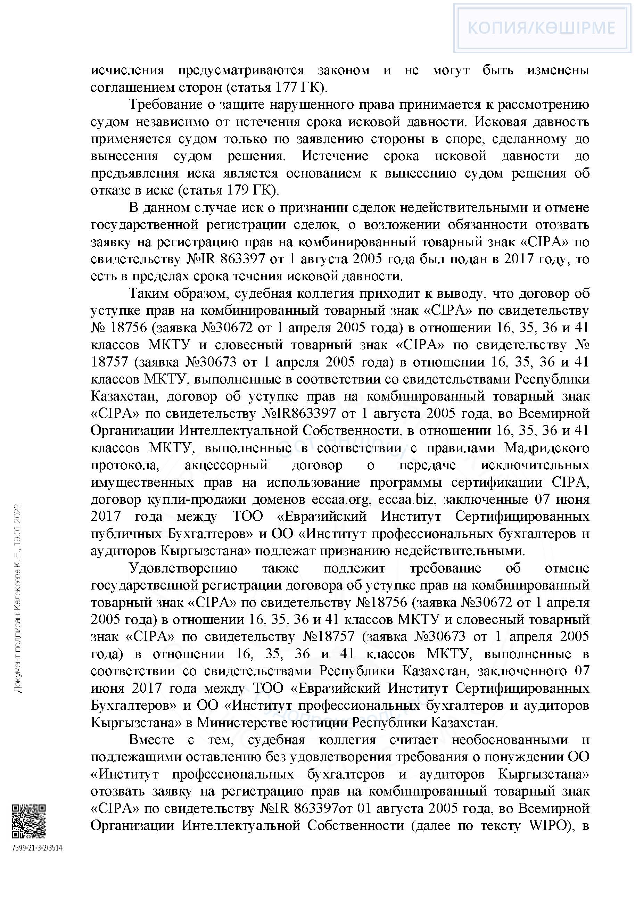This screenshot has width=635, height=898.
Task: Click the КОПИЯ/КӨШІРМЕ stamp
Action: coord(542,28)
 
